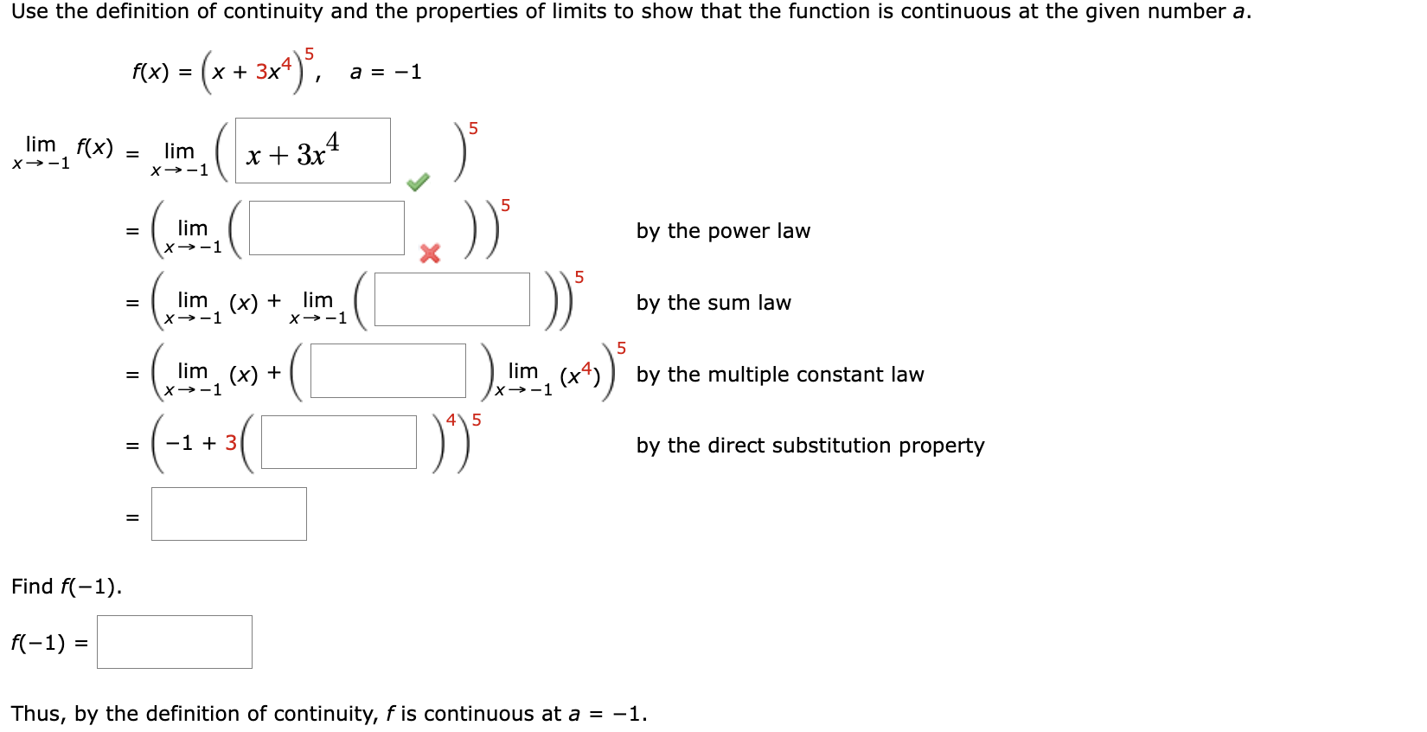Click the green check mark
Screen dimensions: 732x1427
[418, 182]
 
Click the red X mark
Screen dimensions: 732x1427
[430, 253]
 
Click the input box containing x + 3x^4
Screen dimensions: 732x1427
[312, 151]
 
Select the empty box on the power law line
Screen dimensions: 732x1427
[326, 228]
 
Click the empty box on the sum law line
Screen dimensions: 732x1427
[451, 299]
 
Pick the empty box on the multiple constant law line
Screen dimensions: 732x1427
[387, 371]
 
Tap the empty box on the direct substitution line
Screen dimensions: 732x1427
[338, 442]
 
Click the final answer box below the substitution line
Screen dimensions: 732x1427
[228, 514]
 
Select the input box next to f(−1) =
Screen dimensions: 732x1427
[174, 642]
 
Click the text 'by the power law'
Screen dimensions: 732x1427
[723, 231]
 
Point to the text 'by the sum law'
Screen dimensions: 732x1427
[713, 303]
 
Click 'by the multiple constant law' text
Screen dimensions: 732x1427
[780, 375]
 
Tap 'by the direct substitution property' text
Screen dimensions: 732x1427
[810, 446]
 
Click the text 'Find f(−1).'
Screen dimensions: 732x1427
[67, 587]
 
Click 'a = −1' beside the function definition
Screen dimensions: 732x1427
[386, 72]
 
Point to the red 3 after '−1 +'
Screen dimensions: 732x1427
[231, 443]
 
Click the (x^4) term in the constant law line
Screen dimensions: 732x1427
[580, 375]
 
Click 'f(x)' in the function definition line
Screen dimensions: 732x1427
[150, 72]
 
